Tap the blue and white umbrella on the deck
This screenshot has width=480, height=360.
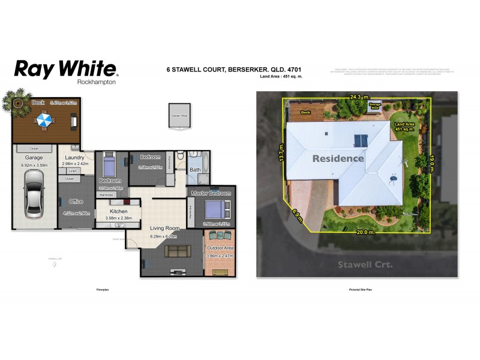click(x=44, y=122)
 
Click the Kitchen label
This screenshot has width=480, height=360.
click(x=118, y=211)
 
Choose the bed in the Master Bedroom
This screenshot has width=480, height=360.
click(x=214, y=210)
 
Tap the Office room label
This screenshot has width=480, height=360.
click(x=76, y=202)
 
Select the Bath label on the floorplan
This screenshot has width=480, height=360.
click(x=196, y=170)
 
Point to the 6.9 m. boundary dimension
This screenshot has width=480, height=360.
click(x=297, y=214)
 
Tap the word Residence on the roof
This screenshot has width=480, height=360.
click(x=337, y=158)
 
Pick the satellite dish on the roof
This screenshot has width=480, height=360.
click(x=394, y=178)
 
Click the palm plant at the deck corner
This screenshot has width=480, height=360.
click(x=16, y=100)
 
